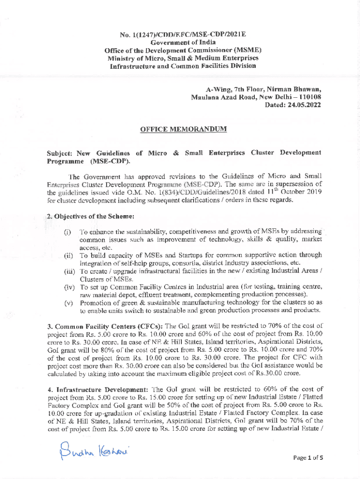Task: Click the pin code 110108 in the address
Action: click(x=308, y=97)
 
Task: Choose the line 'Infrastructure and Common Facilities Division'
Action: click(x=180, y=66)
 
